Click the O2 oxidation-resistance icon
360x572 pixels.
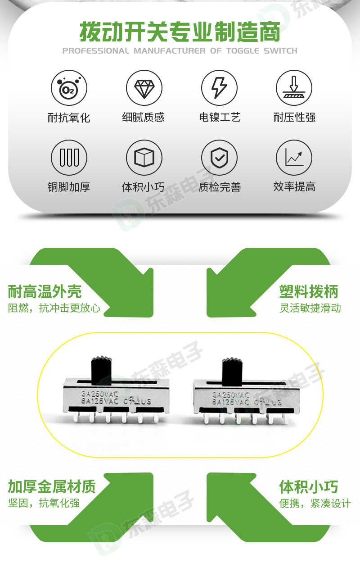[x=69, y=88]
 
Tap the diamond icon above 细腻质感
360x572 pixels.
[x=144, y=88]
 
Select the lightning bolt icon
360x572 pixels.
[x=219, y=88]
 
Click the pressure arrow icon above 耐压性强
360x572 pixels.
[x=294, y=88]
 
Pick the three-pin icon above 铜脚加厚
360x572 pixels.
[x=69, y=158]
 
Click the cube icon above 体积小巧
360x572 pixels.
[x=144, y=158]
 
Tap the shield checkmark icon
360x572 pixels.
[x=219, y=158]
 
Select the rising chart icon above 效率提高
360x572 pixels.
[x=294, y=158]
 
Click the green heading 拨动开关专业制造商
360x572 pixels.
[x=180, y=32]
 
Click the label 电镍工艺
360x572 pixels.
[x=220, y=118]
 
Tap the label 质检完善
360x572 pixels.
[x=220, y=187]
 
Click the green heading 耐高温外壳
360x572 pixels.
[x=45, y=292]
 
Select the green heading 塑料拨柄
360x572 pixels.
[x=308, y=292]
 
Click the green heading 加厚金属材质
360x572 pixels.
[x=52, y=487]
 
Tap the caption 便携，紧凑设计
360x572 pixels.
[x=315, y=504]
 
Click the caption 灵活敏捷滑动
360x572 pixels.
[x=310, y=309]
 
